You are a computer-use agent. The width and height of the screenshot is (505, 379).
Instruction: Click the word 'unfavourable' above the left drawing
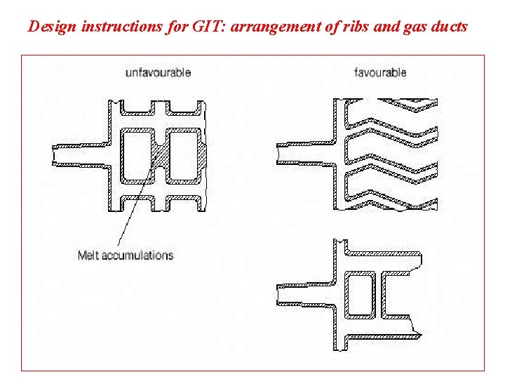158,72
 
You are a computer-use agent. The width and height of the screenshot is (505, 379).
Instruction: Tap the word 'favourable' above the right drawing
380,72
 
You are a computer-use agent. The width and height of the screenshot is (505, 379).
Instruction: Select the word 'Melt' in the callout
88,255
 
